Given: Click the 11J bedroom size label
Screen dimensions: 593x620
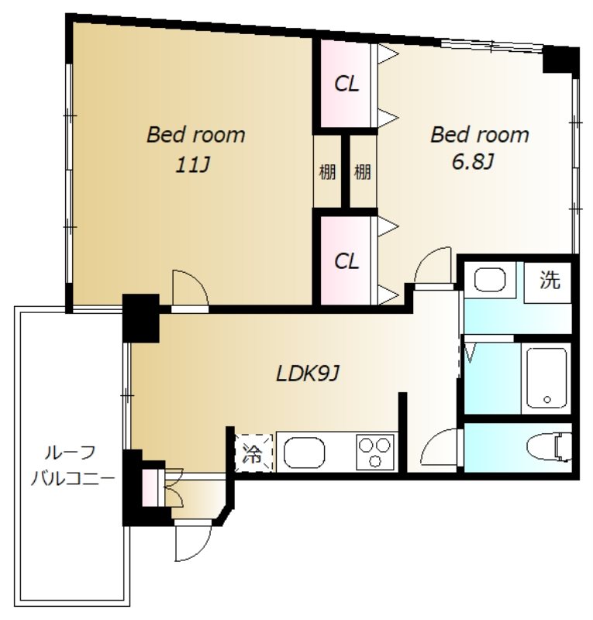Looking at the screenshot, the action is (x=192, y=165).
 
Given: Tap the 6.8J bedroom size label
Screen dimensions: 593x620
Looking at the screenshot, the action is (x=472, y=161).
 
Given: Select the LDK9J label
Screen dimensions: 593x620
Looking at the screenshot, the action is (x=308, y=374).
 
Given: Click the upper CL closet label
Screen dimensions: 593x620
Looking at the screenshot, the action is (x=346, y=84).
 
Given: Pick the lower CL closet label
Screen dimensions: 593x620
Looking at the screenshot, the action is (x=346, y=261).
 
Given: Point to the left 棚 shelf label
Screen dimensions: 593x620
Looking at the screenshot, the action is (x=327, y=172).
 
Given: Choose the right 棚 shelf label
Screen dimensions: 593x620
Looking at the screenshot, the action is (x=362, y=172).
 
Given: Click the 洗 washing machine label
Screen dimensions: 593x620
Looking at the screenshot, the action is (x=550, y=280).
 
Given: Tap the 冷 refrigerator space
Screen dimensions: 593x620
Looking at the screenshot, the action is (x=253, y=453).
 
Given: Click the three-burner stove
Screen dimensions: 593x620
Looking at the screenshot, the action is (x=375, y=453).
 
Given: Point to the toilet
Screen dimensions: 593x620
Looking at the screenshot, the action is (x=550, y=447).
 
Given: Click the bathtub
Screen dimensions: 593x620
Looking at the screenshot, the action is (x=546, y=378).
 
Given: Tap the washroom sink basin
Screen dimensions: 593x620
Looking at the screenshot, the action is (x=490, y=280).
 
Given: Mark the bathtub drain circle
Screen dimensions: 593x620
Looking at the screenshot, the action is (x=547, y=400).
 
